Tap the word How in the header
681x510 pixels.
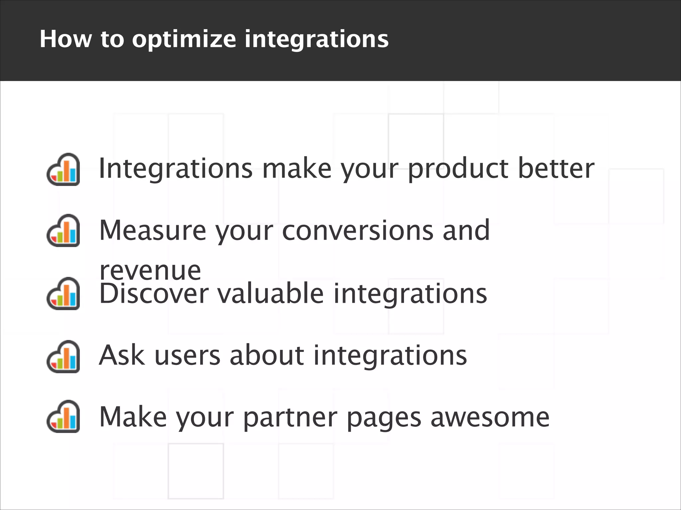click(66, 39)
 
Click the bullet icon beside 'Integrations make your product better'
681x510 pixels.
click(63, 169)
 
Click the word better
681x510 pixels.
click(556, 168)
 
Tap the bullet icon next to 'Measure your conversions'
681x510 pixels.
click(63, 230)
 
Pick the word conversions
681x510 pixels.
click(357, 230)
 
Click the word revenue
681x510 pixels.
click(150, 271)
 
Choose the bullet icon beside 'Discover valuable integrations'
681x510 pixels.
click(63, 294)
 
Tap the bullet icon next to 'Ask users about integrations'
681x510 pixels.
click(63, 357)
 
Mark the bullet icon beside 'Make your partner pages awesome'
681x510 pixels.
click(63, 416)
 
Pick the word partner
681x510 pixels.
click(290, 418)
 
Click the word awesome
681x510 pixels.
click(490, 418)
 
